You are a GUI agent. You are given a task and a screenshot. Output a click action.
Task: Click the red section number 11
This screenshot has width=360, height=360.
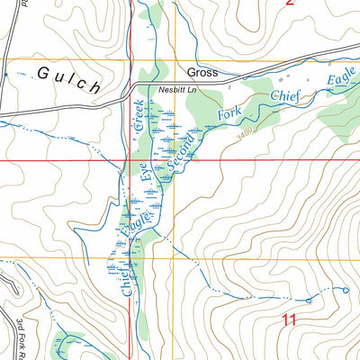pos(289,319)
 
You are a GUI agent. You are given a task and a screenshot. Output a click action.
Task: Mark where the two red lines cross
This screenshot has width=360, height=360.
pos(130,160)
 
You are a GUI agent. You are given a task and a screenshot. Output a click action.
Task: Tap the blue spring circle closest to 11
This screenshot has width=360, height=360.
pos(308,301)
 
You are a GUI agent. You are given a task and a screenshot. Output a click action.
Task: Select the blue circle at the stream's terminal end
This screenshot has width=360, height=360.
pos(346,290)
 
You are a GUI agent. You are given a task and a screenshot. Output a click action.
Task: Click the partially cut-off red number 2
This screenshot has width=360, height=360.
pos(290,3)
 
